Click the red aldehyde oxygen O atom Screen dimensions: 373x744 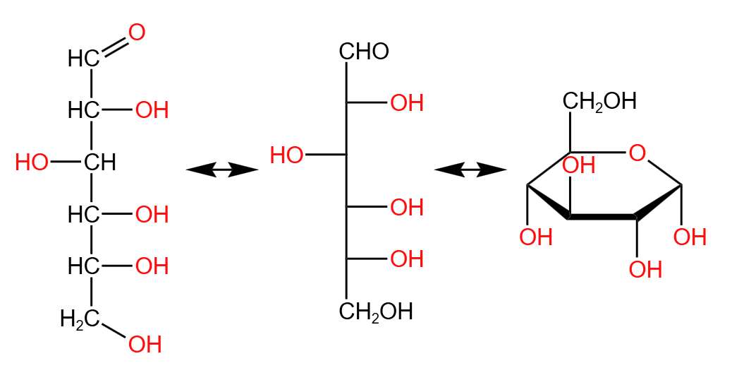137,32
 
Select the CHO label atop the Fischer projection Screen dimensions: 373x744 364,52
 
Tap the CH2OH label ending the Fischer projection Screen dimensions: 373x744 376,312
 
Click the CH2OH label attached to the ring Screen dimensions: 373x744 599,101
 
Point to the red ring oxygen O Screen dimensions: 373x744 637,153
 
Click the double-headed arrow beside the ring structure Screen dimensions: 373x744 470,170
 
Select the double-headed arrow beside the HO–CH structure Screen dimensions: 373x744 221,170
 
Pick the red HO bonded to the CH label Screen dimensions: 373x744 32,163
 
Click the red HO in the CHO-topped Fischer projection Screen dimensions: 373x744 287,155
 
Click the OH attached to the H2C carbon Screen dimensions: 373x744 145,344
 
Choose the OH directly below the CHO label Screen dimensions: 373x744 407,103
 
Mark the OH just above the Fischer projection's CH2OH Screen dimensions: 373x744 407,259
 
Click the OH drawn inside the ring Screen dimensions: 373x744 580,165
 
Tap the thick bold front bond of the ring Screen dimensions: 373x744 603,216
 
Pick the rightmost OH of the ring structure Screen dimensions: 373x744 690,237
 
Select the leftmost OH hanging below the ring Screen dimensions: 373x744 536,237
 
